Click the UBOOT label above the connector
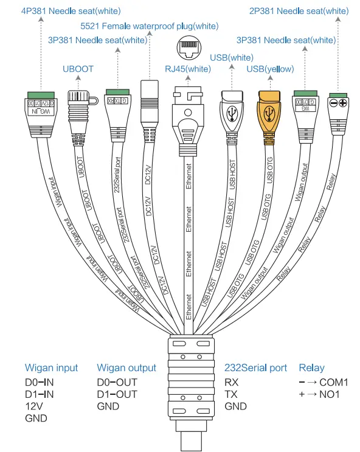tap(78, 69)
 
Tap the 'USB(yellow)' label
tap(270, 69)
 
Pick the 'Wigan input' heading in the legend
tap(51, 368)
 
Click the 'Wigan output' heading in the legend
tap(126, 368)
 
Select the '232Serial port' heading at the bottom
tap(255, 368)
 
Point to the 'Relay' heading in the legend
tap(311, 368)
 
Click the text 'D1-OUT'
tap(117, 394)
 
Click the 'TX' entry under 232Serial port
tap(231, 394)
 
